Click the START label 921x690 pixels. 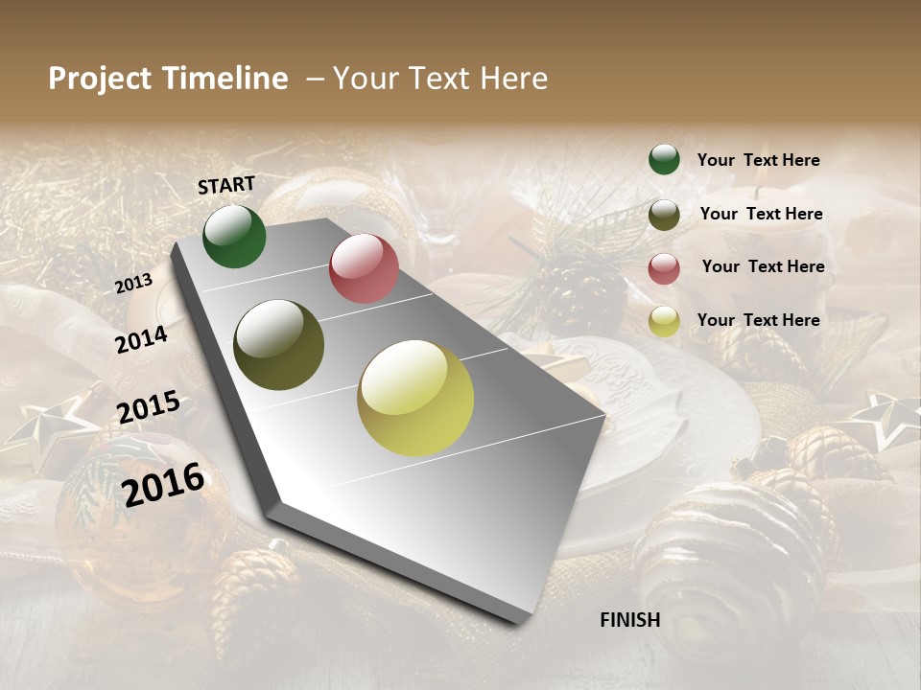pos(226,185)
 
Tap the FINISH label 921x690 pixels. pos(630,620)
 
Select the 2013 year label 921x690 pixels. pos(133,284)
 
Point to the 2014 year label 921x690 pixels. pos(141,339)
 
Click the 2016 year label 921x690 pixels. pos(163,484)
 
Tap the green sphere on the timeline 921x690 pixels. pos(234,237)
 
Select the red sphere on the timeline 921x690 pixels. pos(364,268)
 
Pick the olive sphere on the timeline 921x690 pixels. pos(279,345)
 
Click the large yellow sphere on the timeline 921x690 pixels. pos(415,398)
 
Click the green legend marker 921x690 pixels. pos(664,160)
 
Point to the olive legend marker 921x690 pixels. pos(664,215)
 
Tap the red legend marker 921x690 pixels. pos(664,268)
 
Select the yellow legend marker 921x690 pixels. pos(664,322)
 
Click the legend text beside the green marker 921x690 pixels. pos(758,161)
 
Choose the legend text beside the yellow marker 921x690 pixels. pos(758,320)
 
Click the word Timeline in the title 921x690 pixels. pos(225,79)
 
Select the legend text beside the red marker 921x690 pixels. pos(763,266)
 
